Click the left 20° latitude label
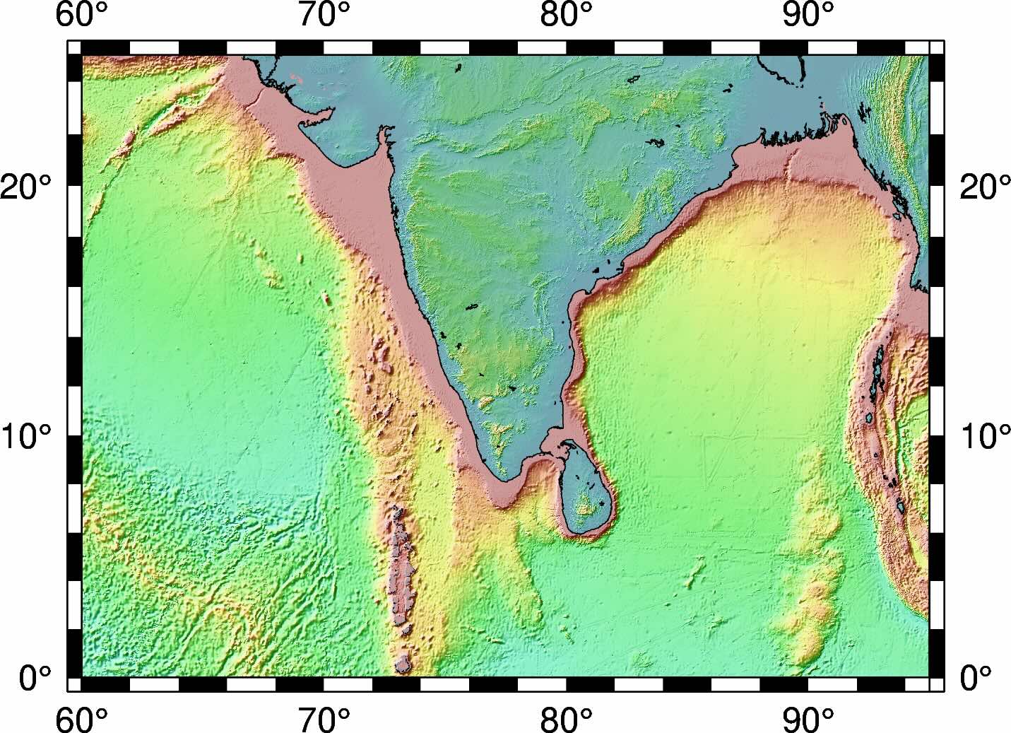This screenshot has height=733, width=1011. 26,187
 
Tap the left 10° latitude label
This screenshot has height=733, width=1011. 26,436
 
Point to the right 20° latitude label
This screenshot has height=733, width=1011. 985,187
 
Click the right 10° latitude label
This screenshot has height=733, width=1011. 985,436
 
